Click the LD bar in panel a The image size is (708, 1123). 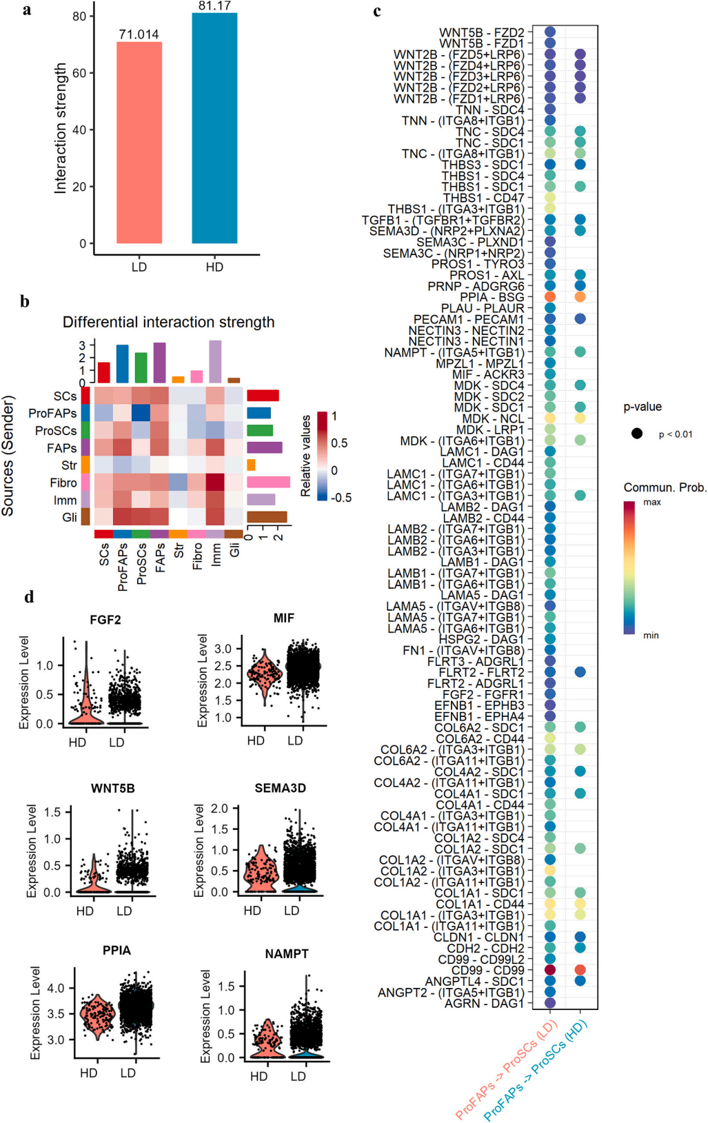tap(139, 143)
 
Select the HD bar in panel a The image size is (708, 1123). tap(214, 128)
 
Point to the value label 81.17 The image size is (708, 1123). tap(214, 6)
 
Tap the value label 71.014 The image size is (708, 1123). tap(139, 34)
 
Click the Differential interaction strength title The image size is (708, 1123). tap(168, 322)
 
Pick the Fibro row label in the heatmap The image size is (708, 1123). tap(63, 483)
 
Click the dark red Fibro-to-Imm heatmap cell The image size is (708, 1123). tap(215, 483)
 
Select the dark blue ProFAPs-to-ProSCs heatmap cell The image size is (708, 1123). tap(141, 413)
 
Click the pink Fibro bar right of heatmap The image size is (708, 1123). tap(268, 483)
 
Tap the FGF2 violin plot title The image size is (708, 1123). tap(105, 620)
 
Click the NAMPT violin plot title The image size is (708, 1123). tap(287, 953)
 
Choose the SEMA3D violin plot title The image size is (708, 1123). tap(281, 788)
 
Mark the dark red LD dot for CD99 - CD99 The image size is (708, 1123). tap(550, 969)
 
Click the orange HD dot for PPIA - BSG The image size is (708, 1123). tap(580, 297)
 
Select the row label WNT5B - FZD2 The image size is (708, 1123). tap(481, 32)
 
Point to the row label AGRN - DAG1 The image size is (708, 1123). tap(485, 1003)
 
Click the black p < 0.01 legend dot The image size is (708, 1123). tap(637, 434)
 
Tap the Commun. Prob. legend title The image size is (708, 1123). tap(665, 488)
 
